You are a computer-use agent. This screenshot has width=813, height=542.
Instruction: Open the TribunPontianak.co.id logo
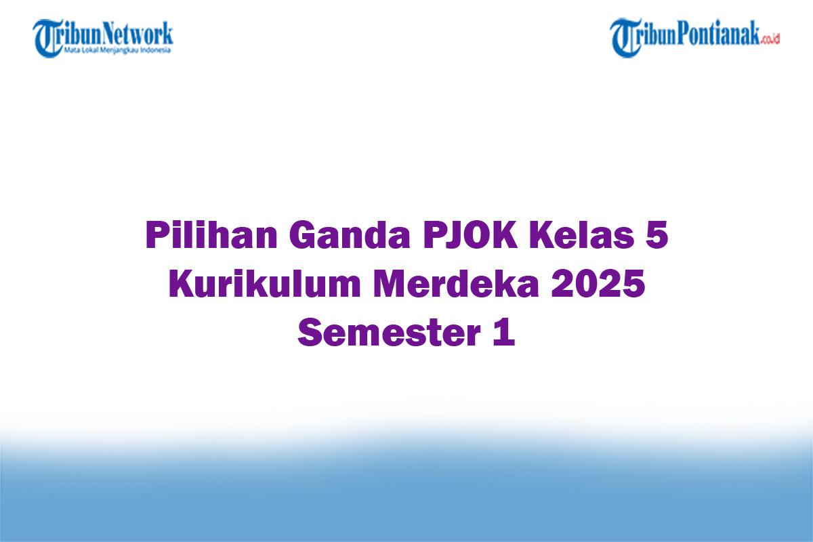point(695,37)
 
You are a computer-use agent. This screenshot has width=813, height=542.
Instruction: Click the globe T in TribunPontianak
point(625,38)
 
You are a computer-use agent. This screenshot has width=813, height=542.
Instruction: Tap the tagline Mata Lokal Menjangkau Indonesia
point(118,50)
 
